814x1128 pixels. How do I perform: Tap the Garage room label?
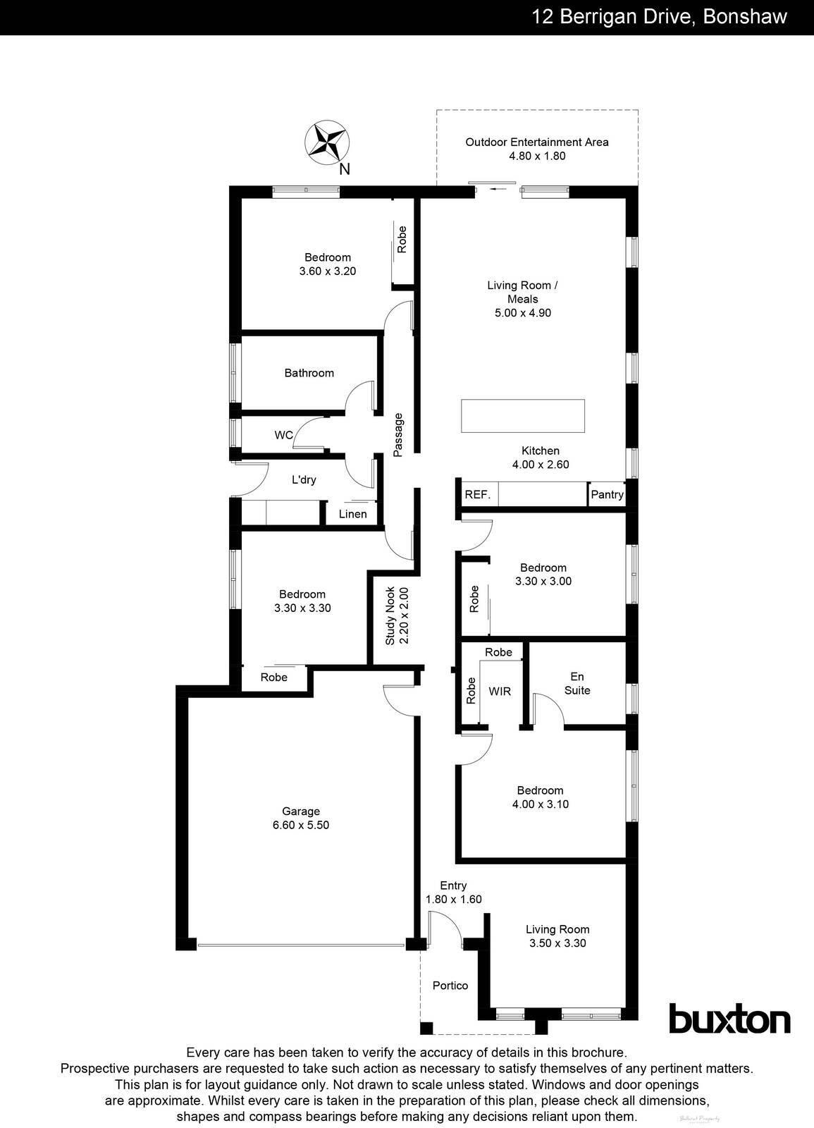pos(301,811)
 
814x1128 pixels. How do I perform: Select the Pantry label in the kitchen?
pos(607,495)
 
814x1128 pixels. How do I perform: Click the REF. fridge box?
pos(477,495)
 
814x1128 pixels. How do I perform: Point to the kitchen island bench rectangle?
pos(523,416)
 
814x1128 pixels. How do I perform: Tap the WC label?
pos(284,436)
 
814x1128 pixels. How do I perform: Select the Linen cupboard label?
pos(352,514)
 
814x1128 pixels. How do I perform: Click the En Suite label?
pos(577,683)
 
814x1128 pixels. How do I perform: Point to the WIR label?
pos(500,692)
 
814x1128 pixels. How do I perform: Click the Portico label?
pos(450,986)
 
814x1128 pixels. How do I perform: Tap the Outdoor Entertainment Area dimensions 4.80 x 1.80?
pos(537,156)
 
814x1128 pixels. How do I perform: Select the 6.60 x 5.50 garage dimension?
pos(301,825)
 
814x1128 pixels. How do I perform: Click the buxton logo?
pos(729,1020)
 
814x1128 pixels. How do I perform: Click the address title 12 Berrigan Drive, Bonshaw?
pos(659,17)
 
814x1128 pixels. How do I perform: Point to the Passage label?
pos(398,435)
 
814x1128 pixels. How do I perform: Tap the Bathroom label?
pos(309,373)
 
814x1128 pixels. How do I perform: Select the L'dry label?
pos(304,480)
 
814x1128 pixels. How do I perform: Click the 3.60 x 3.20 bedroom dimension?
pos(328,271)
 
